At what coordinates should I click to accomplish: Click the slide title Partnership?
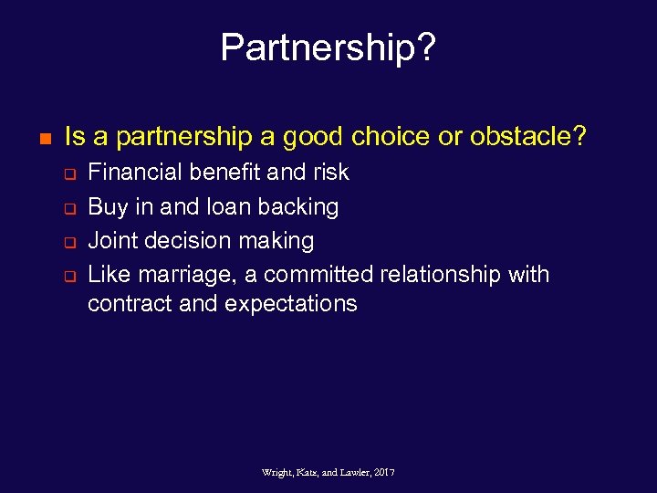pyautogui.click(x=328, y=48)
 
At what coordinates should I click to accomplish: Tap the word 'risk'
pyautogui.click(x=329, y=172)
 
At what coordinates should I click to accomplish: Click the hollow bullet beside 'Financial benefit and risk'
pyautogui.click(x=68, y=173)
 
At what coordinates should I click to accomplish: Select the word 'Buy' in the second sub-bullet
pyautogui.click(x=108, y=206)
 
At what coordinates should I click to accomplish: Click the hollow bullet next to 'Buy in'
pyautogui.click(x=68, y=207)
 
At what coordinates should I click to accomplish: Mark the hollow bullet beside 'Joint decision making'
pyautogui.click(x=68, y=242)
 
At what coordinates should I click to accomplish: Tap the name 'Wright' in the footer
pyautogui.click(x=276, y=472)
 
